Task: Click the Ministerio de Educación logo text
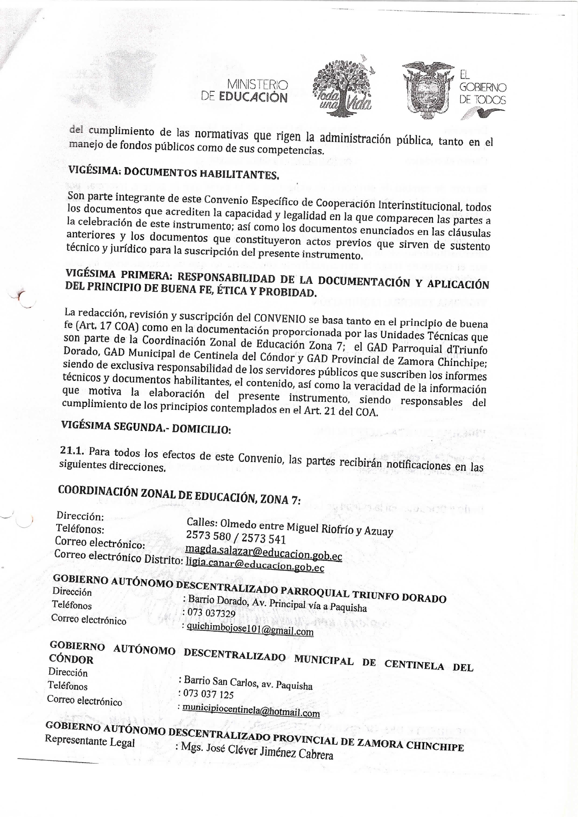pos(245,91)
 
